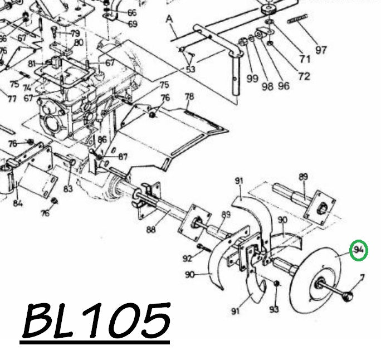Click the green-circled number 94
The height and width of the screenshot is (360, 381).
(359, 251)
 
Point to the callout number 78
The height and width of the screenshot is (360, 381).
(189, 97)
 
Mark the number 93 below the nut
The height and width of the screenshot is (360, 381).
(273, 308)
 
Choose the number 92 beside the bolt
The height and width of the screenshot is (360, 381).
(187, 257)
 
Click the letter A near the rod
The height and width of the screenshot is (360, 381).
(169, 20)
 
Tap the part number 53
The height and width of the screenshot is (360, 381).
(190, 69)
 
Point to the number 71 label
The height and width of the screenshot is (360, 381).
(305, 59)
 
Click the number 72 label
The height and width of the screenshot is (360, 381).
(304, 76)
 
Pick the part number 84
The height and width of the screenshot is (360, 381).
(18, 203)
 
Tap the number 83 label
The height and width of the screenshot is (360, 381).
(68, 189)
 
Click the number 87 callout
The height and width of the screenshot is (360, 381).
(122, 157)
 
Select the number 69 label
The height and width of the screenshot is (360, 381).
(132, 24)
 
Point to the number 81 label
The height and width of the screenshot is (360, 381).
(32, 63)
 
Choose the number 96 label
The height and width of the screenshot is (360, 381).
(284, 86)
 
